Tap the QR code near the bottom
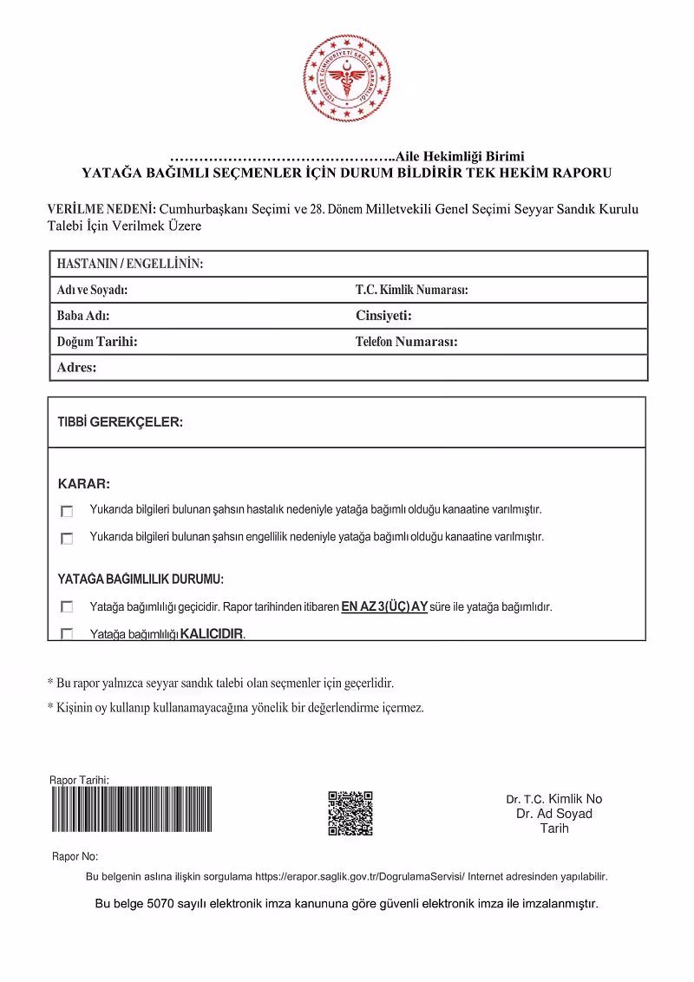click(350, 813)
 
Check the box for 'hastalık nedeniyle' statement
click(67, 511)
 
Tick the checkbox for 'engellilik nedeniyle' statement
click(67, 539)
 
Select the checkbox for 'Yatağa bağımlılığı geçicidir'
click(67, 607)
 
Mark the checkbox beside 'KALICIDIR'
click(67, 634)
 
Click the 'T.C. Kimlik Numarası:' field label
click(411, 290)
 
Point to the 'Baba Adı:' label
click(83, 316)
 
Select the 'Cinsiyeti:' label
click(383, 316)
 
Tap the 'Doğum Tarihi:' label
click(97, 342)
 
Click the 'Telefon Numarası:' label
click(406, 342)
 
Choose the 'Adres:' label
click(76, 368)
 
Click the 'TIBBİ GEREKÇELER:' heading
click(120, 422)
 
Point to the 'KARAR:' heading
click(83, 483)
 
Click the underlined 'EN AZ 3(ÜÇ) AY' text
click(385, 607)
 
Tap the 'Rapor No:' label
click(75, 856)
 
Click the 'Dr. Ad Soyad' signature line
click(554, 814)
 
